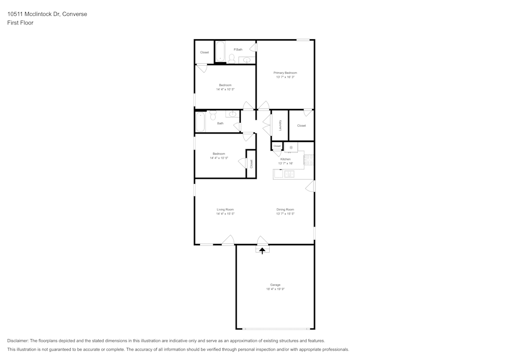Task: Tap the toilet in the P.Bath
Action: [232, 59]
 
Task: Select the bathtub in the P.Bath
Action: [220, 51]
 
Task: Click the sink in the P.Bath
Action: [247, 60]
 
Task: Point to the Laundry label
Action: [280, 125]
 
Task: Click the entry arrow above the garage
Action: [263, 250]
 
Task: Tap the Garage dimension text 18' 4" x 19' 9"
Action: [275, 289]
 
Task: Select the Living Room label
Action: [225, 209]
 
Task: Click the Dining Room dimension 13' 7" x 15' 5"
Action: [285, 214]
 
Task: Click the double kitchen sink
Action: [289, 174]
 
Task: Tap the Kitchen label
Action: [286, 159]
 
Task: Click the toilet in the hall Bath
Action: [213, 115]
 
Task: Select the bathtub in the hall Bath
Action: [201, 122]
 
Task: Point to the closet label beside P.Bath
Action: [204, 52]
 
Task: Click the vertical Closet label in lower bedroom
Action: [251, 163]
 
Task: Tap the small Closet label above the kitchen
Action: [277, 146]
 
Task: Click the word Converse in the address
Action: [75, 14]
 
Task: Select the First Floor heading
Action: [20, 23]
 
